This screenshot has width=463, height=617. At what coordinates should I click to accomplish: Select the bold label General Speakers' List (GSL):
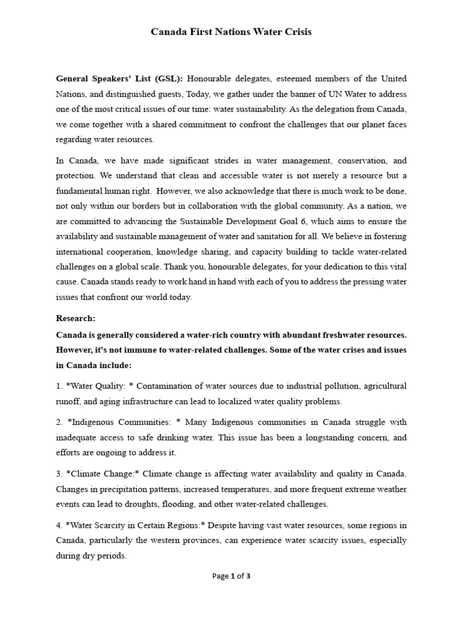coord(120,78)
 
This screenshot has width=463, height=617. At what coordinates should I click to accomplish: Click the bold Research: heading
coord(75,318)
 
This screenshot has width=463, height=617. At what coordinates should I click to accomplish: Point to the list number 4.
coord(58,525)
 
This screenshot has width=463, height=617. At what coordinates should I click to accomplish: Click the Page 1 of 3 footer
coord(231,576)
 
